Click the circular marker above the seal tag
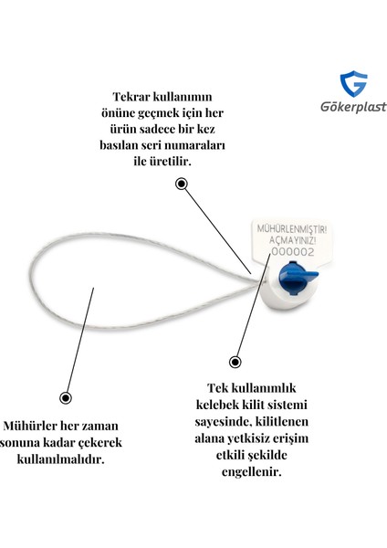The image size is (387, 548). (182, 184)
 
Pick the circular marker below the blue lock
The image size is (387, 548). (235, 361)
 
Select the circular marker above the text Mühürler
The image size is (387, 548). (65, 397)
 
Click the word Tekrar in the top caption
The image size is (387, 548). (137, 96)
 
